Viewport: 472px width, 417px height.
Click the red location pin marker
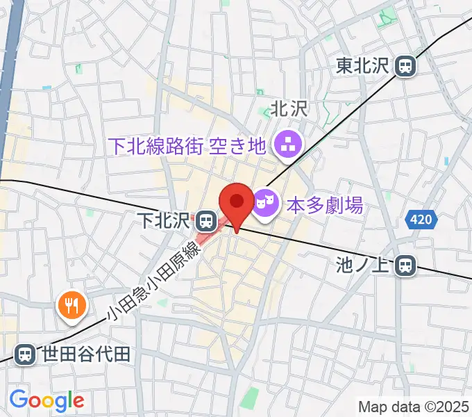click(x=237, y=204)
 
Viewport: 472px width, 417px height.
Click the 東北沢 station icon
click(x=405, y=66)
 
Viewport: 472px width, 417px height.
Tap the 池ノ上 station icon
click(x=407, y=265)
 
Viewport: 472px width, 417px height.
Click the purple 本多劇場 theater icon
click(x=264, y=203)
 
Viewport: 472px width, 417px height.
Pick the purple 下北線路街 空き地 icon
click(x=285, y=145)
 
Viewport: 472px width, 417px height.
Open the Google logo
click(x=47, y=400)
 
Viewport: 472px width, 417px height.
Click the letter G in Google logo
click(x=18, y=400)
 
